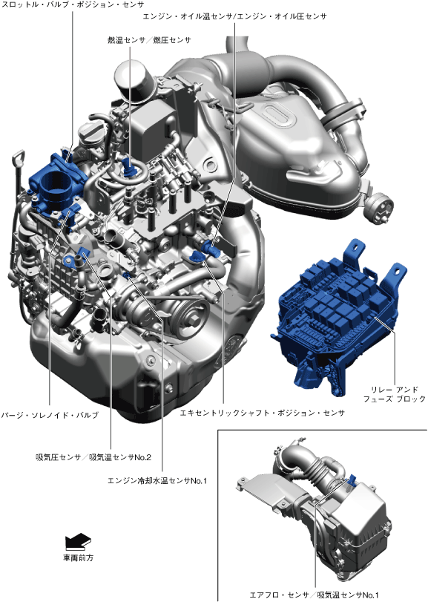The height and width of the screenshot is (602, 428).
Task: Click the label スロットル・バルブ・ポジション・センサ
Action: click(x=73, y=4)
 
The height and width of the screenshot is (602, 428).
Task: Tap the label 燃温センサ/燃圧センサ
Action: click(x=149, y=40)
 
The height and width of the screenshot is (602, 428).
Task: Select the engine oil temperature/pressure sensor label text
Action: click(x=234, y=16)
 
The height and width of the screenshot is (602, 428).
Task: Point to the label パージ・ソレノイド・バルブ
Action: click(x=50, y=415)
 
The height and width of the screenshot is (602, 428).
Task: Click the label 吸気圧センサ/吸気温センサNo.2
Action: click(x=93, y=457)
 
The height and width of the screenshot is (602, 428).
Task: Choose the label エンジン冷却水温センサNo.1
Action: click(x=157, y=480)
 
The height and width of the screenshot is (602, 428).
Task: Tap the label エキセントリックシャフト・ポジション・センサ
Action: click(x=263, y=413)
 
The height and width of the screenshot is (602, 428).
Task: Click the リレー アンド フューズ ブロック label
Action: click(x=395, y=394)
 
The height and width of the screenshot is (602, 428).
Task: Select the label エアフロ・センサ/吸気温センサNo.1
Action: click(x=314, y=595)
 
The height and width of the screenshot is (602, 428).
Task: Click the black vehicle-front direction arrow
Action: click(x=78, y=541)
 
